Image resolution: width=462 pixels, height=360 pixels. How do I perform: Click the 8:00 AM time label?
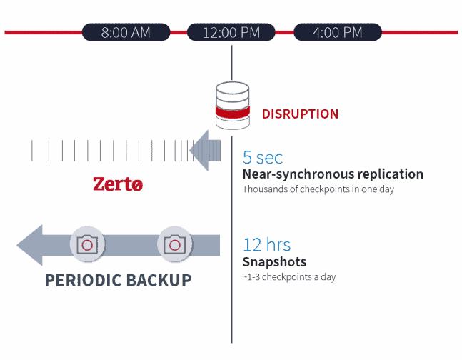tap(126, 32)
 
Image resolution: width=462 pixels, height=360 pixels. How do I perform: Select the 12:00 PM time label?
tap(231, 32)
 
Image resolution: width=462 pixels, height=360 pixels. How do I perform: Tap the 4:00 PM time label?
tap(338, 32)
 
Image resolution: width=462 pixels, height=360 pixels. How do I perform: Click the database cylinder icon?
tap(233, 106)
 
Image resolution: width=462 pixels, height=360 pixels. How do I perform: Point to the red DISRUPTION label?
tap(300, 114)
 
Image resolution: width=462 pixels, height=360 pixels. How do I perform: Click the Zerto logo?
tap(118, 184)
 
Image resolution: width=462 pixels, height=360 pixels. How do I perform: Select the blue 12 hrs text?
tap(267, 245)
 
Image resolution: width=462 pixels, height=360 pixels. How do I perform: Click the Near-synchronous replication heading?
tap(332, 174)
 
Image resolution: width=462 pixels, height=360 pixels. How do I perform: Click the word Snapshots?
tap(274, 262)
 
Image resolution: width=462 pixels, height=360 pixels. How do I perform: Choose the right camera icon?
tap(174, 244)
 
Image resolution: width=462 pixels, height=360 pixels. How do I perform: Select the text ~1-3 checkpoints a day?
tap(289, 277)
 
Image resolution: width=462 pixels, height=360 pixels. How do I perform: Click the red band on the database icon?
tap(233, 113)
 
